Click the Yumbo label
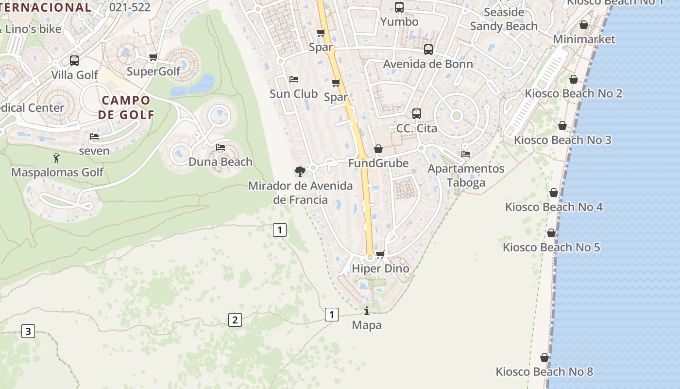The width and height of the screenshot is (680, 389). (399, 22)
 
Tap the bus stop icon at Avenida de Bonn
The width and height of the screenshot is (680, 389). (428, 50)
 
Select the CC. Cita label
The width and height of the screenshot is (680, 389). (417, 128)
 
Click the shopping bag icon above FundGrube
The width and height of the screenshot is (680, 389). (378, 149)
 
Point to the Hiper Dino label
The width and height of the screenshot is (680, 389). (380, 268)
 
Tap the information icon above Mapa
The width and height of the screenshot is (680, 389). (367, 311)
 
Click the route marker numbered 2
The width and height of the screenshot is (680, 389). (235, 320)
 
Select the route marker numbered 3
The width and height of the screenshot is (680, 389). (28, 332)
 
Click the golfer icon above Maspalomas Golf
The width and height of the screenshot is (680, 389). (56, 158)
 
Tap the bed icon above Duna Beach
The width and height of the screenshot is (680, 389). (221, 147)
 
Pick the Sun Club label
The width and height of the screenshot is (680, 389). (293, 94)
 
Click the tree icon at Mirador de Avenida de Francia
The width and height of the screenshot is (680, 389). (300, 171)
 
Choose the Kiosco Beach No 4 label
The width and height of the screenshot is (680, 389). (554, 207)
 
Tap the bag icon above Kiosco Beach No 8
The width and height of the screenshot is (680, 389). (544, 358)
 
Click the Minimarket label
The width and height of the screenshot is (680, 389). (584, 39)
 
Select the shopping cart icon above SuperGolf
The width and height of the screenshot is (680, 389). (153, 57)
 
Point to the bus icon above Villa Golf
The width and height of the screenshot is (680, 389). (74, 61)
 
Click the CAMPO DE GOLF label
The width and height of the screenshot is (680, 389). (126, 107)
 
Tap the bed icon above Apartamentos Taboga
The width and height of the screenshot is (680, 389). (466, 154)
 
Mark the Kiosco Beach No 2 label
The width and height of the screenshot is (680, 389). (574, 93)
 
